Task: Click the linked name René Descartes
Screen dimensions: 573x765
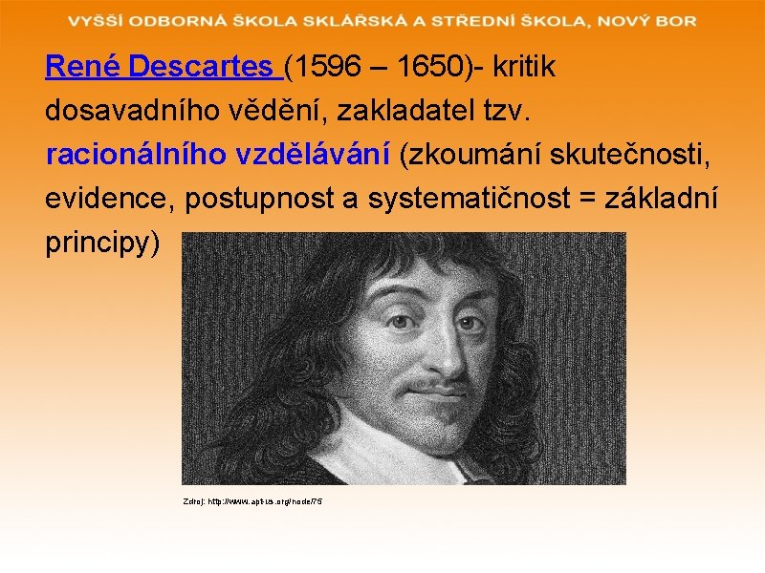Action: (x=159, y=67)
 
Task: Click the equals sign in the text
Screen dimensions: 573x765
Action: (x=608, y=199)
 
